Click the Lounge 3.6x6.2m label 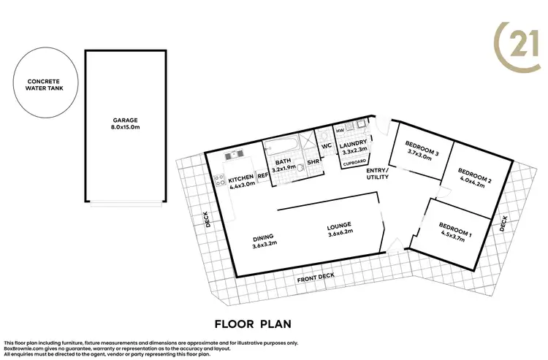coord(340,228)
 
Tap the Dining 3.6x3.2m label coord(264,241)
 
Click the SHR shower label coord(312,162)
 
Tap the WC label coord(327,145)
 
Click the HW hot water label coord(340,131)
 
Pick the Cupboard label coord(354,164)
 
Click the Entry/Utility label coord(377,173)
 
